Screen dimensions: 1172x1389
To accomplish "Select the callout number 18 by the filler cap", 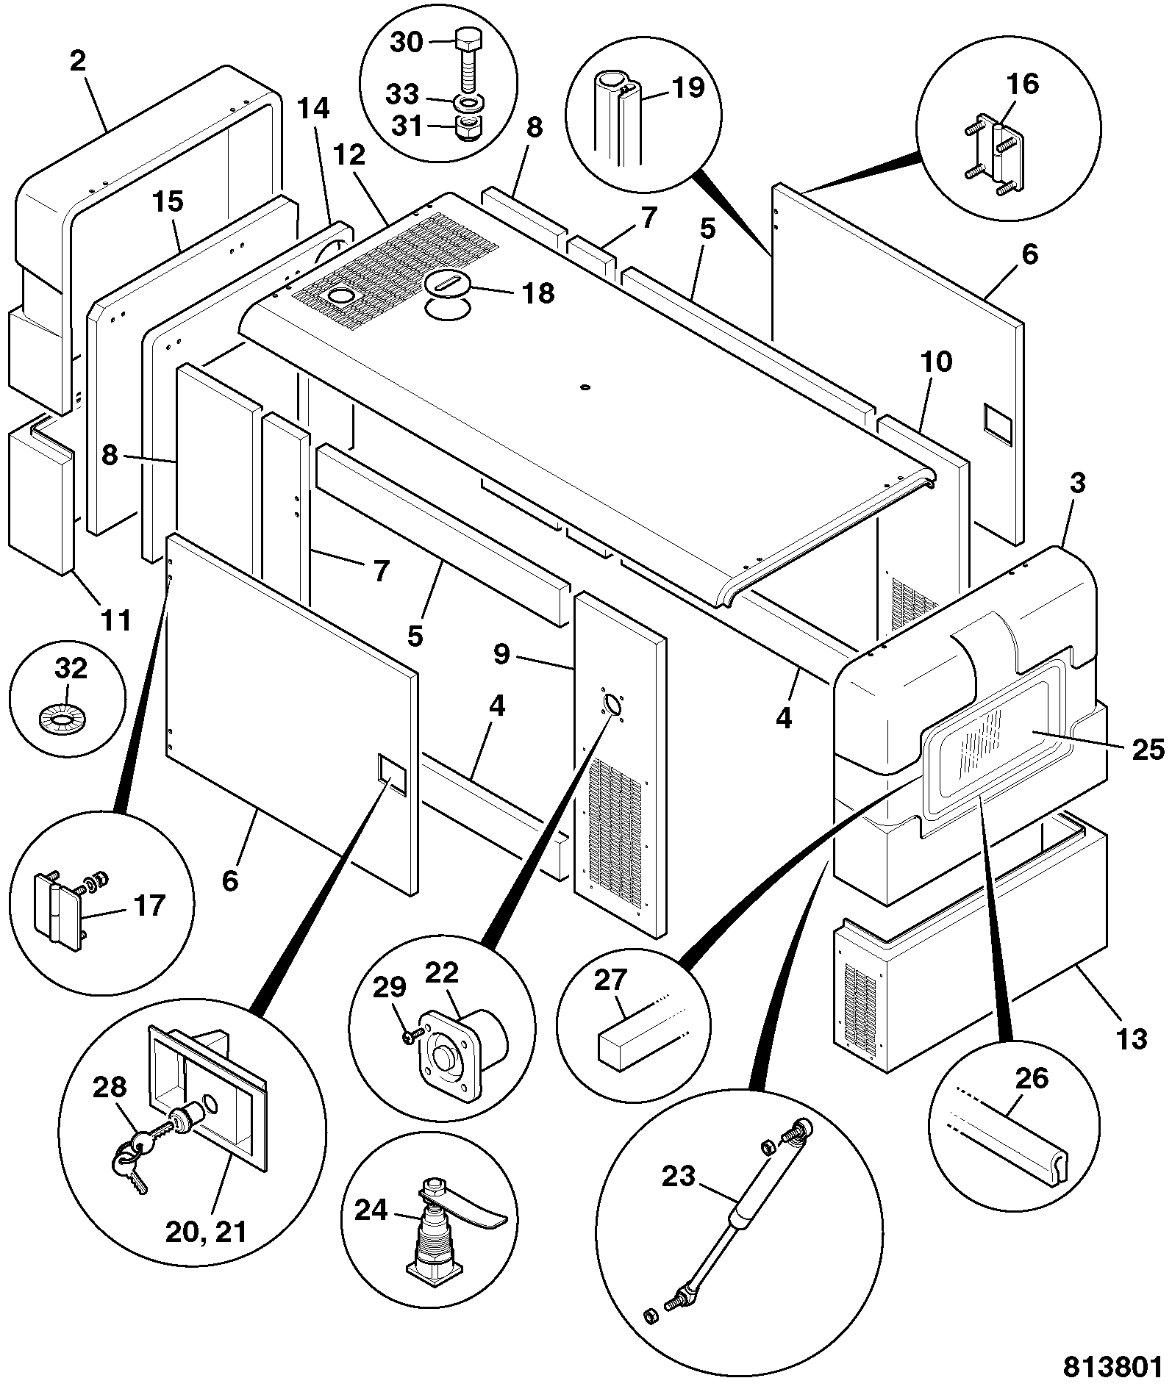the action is point(538,293).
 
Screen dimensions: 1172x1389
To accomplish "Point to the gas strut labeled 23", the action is point(735,1220).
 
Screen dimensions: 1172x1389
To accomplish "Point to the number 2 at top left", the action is point(77,60).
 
